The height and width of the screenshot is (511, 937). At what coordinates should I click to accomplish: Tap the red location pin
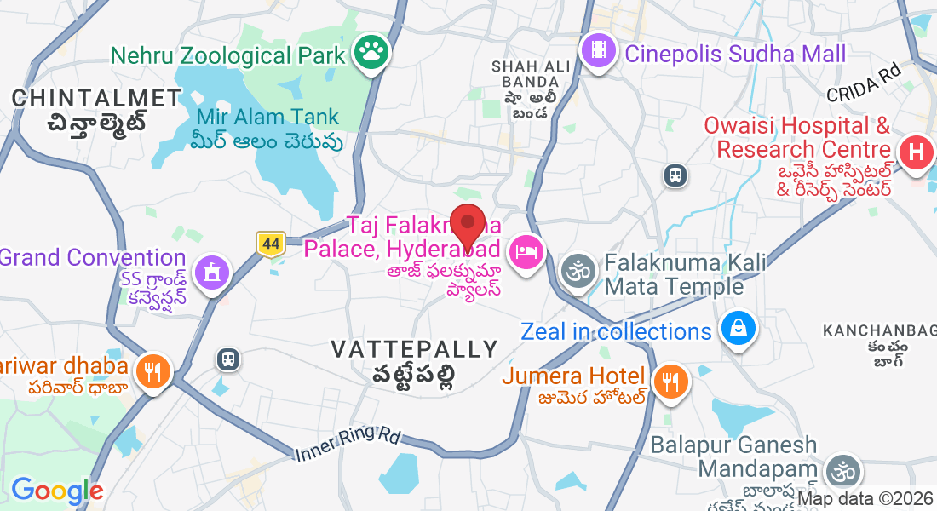point(467,226)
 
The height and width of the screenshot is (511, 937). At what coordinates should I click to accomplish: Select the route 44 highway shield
point(271,244)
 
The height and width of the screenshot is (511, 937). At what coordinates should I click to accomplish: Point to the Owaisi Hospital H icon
point(916,153)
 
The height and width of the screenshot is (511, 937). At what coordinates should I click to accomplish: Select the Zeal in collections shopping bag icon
point(739,330)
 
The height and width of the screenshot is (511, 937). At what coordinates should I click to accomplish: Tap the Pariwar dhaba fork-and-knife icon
point(153,370)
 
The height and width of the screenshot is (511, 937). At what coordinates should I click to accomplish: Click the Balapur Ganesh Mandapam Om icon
point(842,470)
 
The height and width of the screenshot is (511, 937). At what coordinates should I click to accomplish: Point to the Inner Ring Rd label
point(348,444)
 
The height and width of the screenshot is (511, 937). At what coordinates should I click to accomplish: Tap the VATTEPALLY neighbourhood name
point(414,349)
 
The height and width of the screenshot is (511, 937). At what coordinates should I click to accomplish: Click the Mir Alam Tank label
point(267,117)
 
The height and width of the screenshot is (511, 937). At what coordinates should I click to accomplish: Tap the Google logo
point(57,491)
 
